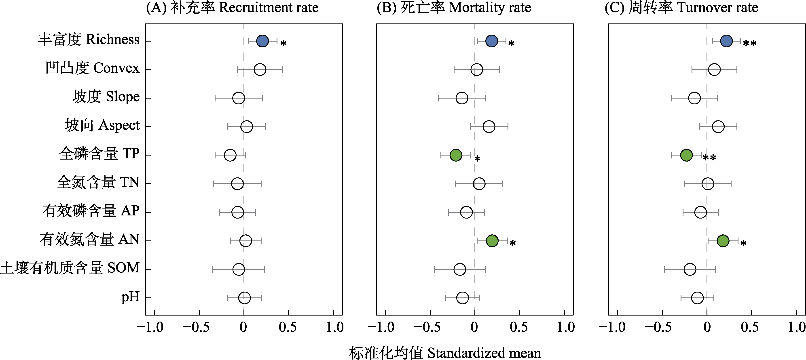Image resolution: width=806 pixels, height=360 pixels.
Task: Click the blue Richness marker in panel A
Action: point(262,41)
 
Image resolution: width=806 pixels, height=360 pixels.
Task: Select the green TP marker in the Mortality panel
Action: point(456,155)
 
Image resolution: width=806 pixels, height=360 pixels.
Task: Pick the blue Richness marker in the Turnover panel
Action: point(726,41)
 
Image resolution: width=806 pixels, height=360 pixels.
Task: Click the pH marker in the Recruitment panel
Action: point(244,298)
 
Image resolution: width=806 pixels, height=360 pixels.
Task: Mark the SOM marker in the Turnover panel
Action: point(690,269)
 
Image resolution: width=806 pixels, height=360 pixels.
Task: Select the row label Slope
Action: point(106,97)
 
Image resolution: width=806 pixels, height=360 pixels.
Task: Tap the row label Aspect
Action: point(102,125)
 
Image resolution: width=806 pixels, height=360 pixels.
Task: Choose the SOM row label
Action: point(70,268)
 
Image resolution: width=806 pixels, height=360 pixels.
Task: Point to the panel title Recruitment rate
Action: point(232,8)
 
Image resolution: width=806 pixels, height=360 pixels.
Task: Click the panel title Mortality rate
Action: point(453,8)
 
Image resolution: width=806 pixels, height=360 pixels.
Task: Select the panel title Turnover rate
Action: point(681,8)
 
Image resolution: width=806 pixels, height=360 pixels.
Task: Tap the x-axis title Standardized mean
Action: point(445,353)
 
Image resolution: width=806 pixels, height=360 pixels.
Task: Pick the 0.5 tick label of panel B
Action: point(518,327)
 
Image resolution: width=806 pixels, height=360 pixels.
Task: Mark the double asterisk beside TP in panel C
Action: point(709,157)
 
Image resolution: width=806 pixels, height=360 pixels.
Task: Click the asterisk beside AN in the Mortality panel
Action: point(512,243)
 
